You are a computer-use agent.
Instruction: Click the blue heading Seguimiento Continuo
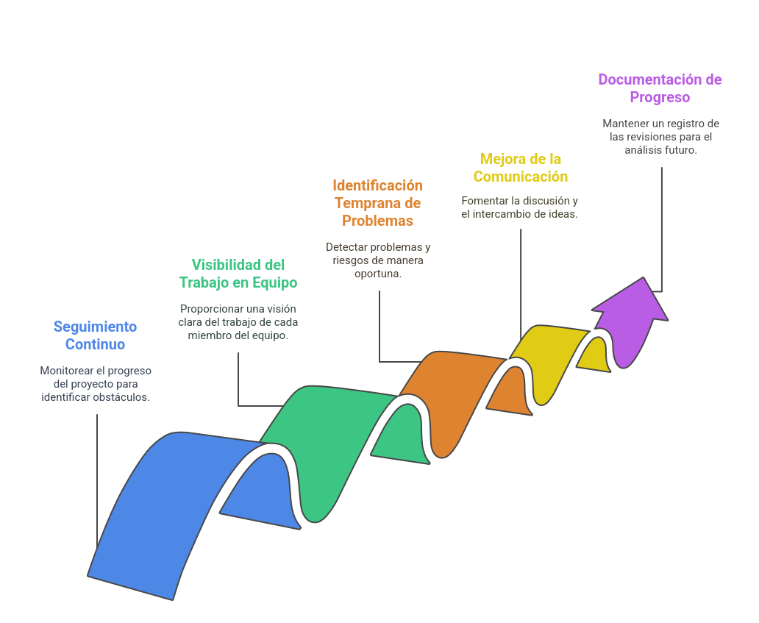(x=95, y=335)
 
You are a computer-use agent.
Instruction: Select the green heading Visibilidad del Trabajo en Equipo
(x=238, y=273)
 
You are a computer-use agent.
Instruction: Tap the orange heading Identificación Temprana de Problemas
(x=377, y=203)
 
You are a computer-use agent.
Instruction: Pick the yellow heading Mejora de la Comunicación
(x=521, y=168)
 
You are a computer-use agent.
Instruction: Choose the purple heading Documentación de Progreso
(x=660, y=88)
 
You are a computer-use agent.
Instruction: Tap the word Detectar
(x=346, y=247)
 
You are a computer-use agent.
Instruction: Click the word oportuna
(x=377, y=274)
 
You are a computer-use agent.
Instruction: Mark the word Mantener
(x=625, y=124)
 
